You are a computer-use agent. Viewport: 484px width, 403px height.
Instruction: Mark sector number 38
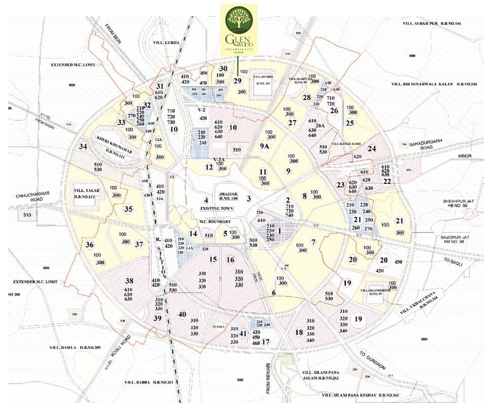129,281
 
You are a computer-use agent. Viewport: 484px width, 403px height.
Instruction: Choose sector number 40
182,314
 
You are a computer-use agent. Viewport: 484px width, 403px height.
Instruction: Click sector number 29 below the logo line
237,80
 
